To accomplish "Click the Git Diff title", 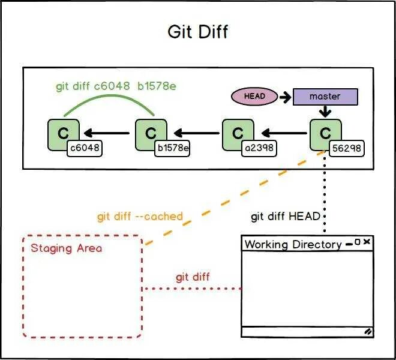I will point(197,31).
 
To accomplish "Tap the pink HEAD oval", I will point(254,96).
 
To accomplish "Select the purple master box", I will point(325,97).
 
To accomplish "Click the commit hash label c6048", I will point(85,148).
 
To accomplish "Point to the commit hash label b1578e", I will point(173,148).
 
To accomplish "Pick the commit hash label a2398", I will point(260,148).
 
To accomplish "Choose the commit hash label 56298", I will point(347,148).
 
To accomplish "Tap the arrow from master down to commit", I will point(325,112).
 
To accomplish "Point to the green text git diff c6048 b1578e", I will point(116,86).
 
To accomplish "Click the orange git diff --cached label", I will point(140,216).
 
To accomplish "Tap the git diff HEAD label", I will point(286,216).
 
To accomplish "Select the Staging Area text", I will point(67,248).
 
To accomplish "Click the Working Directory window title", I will point(293,244).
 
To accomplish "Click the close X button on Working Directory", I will point(367,242).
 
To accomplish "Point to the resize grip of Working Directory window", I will point(367,331).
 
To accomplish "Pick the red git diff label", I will point(193,277).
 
